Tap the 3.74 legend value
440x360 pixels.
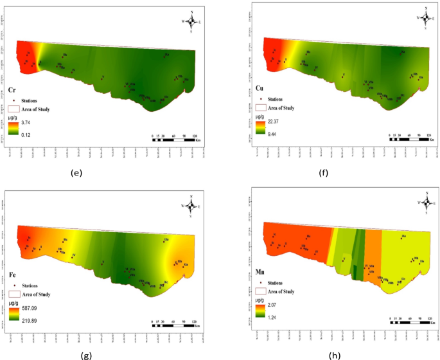pyautogui.click(x=25, y=121)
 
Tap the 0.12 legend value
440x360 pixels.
pyautogui.click(x=25, y=134)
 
